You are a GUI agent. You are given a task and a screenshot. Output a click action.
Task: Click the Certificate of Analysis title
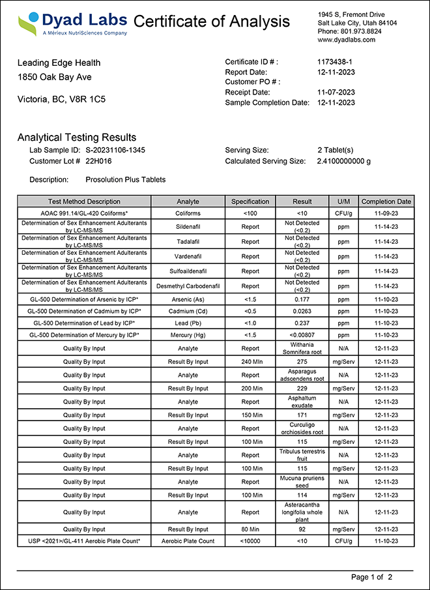[212, 22]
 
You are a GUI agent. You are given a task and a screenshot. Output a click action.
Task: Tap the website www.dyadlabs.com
[347, 40]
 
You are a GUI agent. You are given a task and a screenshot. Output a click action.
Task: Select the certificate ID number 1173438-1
[335, 62]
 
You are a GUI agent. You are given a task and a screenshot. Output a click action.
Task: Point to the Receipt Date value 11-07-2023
[336, 92]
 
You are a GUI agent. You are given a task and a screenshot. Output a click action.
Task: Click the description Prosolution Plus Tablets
[126, 179]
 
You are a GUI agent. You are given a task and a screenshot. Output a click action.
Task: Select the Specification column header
[250, 201]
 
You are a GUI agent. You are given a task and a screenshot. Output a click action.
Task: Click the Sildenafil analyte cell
[188, 227]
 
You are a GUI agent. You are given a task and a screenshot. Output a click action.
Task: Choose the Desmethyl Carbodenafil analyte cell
[188, 286]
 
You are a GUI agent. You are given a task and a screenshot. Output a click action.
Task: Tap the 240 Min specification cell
[250, 361]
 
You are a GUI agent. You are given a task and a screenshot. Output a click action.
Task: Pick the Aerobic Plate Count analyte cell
[188, 541]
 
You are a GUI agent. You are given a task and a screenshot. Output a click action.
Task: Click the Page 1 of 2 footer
[371, 577]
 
